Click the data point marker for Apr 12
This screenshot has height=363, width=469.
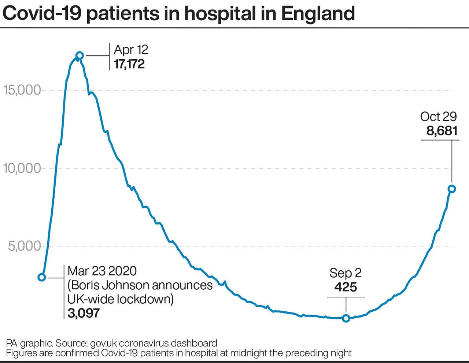[x=80, y=56]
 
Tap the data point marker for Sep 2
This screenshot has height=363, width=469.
[x=346, y=318]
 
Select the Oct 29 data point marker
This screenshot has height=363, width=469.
[x=452, y=189]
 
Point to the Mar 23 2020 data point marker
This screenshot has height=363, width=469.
[x=42, y=277]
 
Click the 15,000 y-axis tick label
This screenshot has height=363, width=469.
[x=22, y=90]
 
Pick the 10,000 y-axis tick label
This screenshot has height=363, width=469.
[x=22, y=168]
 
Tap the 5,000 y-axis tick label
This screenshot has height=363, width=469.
[x=25, y=246]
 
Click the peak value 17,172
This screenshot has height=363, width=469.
[x=129, y=64]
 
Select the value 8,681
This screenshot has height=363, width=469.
[x=442, y=131]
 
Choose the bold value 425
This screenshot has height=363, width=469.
[x=346, y=287]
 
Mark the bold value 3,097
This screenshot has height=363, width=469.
[x=84, y=313]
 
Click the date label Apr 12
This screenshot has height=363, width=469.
[x=131, y=49]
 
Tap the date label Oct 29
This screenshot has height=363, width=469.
[x=439, y=116]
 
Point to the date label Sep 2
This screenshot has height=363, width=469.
[x=346, y=273]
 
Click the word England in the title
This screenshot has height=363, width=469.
[x=318, y=14]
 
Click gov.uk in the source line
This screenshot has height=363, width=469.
[x=104, y=343]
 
